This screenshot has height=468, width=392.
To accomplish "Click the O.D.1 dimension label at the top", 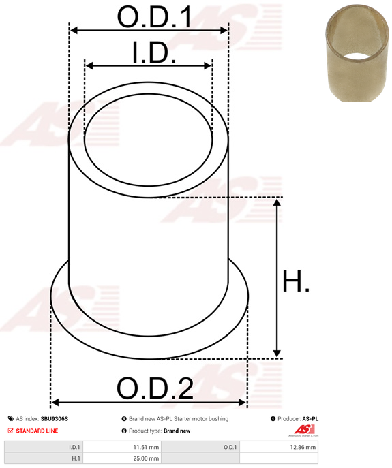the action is pyautogui.click(x=154, y=17).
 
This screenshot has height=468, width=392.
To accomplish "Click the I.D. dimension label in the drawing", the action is pyautogui.click(x=154, y=52).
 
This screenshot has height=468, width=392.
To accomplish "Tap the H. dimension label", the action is pyautogui.click(x=296, y=281).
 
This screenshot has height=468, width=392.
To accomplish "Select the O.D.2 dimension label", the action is pyautogui.click(x=155, y=388).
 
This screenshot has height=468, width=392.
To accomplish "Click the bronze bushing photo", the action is pyautogui.click(x=357, y=52).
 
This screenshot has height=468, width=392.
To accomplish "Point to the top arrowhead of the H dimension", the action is pyautogui.click(x=277, y=203).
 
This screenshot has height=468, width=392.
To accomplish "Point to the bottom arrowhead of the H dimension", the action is pyautogui.click(x=277, y=352).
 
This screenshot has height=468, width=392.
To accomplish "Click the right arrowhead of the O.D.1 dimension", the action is pyautogui.click(x=224, y=30).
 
